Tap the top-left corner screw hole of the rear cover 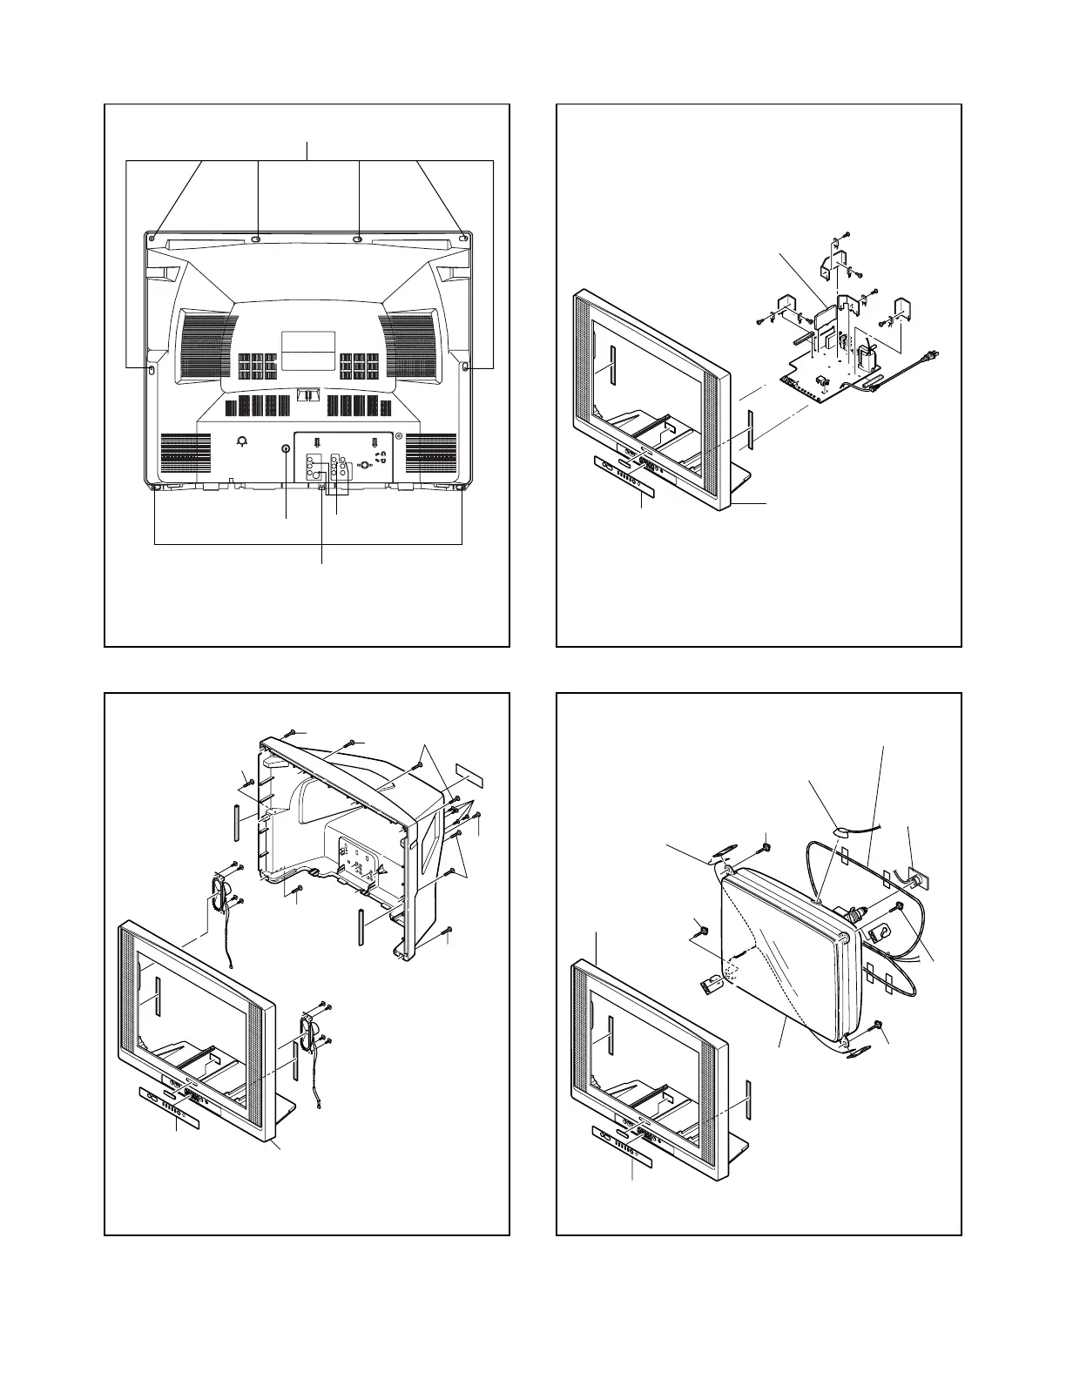[152, 237]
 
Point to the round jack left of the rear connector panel [286, 448]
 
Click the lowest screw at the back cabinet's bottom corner [448, 933]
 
